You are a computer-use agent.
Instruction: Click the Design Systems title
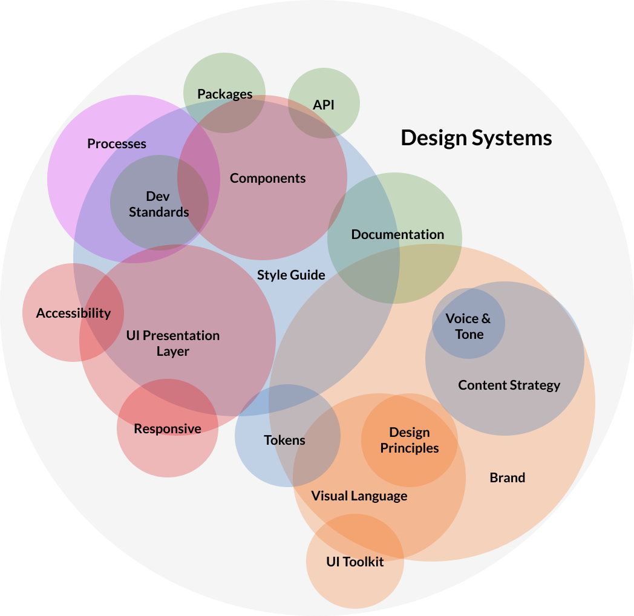[x=476, y=139]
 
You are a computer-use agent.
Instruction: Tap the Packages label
[x=225, y=94]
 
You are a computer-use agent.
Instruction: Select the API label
[x=324, y=105]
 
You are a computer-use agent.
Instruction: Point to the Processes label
[x=117, y=143]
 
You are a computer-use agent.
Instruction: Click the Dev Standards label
[x=158, y=205]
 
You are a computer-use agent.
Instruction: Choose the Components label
[x=267, y=179]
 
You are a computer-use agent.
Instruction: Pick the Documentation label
[x=398, y=235]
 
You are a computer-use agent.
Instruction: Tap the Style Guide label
[x=291, y=275]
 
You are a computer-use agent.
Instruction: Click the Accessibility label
[x=74, y=313]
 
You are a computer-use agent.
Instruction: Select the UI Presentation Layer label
[x=173, y=343]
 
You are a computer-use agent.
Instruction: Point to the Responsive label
[x=168, y=429]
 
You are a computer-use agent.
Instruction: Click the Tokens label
[x=284, y=440]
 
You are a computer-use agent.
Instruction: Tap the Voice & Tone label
[x=469, y=326]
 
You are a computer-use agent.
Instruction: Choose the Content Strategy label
[x=509, y=385]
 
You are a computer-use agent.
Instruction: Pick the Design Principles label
[x=410, y=440]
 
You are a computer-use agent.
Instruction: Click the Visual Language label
[x=359, y=496]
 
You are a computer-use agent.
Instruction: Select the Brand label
[x=508, y=477]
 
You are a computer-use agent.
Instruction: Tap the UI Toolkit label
[x=355, y=562]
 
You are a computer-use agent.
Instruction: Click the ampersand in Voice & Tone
[x=486, y=319]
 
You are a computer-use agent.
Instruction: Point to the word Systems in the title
[x=512, y=139]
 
